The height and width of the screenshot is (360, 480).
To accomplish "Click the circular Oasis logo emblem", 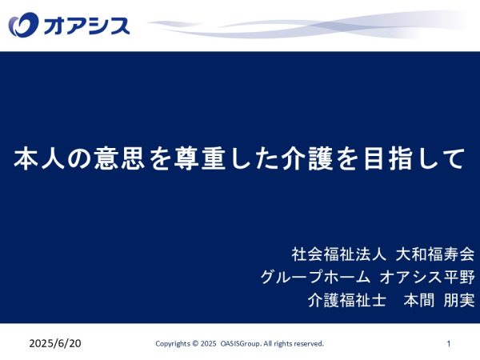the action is coord(23,24).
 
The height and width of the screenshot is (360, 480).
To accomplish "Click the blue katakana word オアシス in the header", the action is coord(86,26).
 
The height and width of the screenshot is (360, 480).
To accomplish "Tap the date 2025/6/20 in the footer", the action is coord(55,343).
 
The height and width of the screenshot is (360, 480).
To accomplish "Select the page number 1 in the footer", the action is coord(449,343).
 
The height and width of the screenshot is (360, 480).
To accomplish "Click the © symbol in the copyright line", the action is coord(195,343).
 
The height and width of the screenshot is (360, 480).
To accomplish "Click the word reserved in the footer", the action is coord(310,343).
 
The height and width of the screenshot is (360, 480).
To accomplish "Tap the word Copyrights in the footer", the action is coord(173,344).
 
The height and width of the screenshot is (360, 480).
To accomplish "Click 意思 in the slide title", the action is coord(120,158).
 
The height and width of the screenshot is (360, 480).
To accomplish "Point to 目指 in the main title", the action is coord(388,158).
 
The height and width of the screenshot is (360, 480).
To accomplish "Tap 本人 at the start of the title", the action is coord(39,158).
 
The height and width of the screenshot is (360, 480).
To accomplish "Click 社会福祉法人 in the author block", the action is coord(339,254).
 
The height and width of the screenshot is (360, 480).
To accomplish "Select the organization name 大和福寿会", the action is coord(435,254).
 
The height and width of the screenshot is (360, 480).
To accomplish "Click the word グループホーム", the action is coord(316,277).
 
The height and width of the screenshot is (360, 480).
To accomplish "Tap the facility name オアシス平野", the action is coord(427,277).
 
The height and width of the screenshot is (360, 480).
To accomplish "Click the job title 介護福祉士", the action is coord(347,300).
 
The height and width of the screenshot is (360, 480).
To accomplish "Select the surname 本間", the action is coord(419,300).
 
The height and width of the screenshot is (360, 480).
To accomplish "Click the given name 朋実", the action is coord(459,300).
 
